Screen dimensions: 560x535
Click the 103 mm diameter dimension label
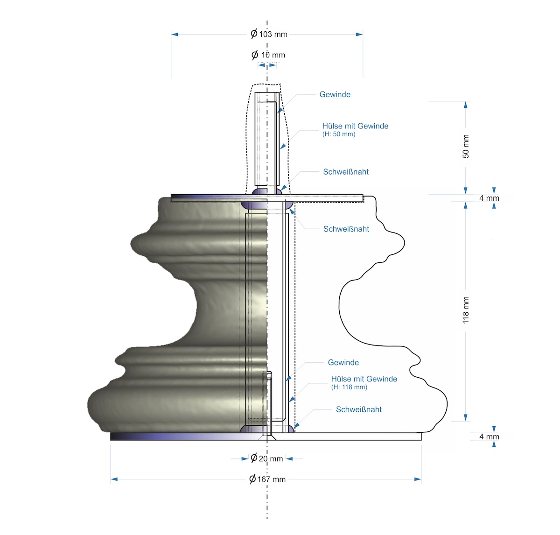tap(269, 34)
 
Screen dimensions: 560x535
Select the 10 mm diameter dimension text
tap(268, 55)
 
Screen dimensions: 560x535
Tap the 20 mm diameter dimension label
tap(267, 458)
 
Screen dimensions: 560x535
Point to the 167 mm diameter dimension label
tap(267, 479)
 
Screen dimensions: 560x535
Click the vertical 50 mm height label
tap(466, 146)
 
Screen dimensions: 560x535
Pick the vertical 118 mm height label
tap(466, 310)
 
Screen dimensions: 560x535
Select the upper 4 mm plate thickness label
tap(489, 198)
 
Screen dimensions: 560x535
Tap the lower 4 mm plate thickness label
tap(489, 436)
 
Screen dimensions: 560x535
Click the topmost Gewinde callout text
tap(335, 94)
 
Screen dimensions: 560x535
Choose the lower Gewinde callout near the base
tap(343, 363)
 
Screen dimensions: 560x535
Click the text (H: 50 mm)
tap(339, 134)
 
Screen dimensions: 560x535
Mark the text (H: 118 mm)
tap(349, 387)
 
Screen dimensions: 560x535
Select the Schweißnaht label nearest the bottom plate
tap(359, 409)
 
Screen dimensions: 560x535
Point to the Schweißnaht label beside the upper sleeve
tap(346, 172)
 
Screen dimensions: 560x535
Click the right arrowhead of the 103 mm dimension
tap(359, 34)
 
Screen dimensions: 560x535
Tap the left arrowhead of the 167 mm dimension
tap(114, 479)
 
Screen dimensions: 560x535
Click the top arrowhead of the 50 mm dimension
tap(466, 105)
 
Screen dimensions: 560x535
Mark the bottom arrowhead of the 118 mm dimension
tap(466, 417)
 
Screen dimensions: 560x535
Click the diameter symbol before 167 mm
tap(252, 479)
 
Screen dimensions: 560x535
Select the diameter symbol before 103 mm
tap(254, 34)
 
